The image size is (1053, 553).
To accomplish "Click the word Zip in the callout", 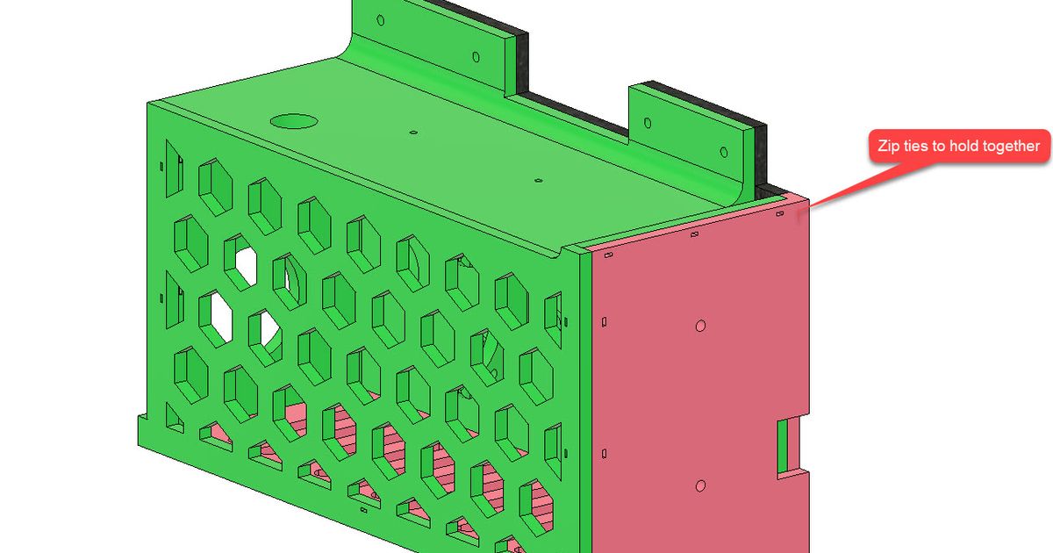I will [x=890, y=146].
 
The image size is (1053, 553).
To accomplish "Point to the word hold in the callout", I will [x=963, y=146].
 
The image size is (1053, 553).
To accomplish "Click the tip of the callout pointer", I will [x=810, y=207].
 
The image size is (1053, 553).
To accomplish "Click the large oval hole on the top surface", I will [x=296, y=120].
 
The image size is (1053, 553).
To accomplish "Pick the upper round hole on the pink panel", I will [x=700, y=327].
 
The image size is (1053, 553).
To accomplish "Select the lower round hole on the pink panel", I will [x=700, y=485].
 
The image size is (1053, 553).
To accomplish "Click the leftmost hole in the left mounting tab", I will [x=379, y=19].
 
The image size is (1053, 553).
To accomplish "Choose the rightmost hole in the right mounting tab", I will [x=723, y=150].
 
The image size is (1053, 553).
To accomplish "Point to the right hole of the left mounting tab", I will [x=476, y=57].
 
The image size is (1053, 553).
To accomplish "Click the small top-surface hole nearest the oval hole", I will [x=412, y=133].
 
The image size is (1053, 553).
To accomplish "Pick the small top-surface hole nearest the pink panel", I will [x=538, y=180].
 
